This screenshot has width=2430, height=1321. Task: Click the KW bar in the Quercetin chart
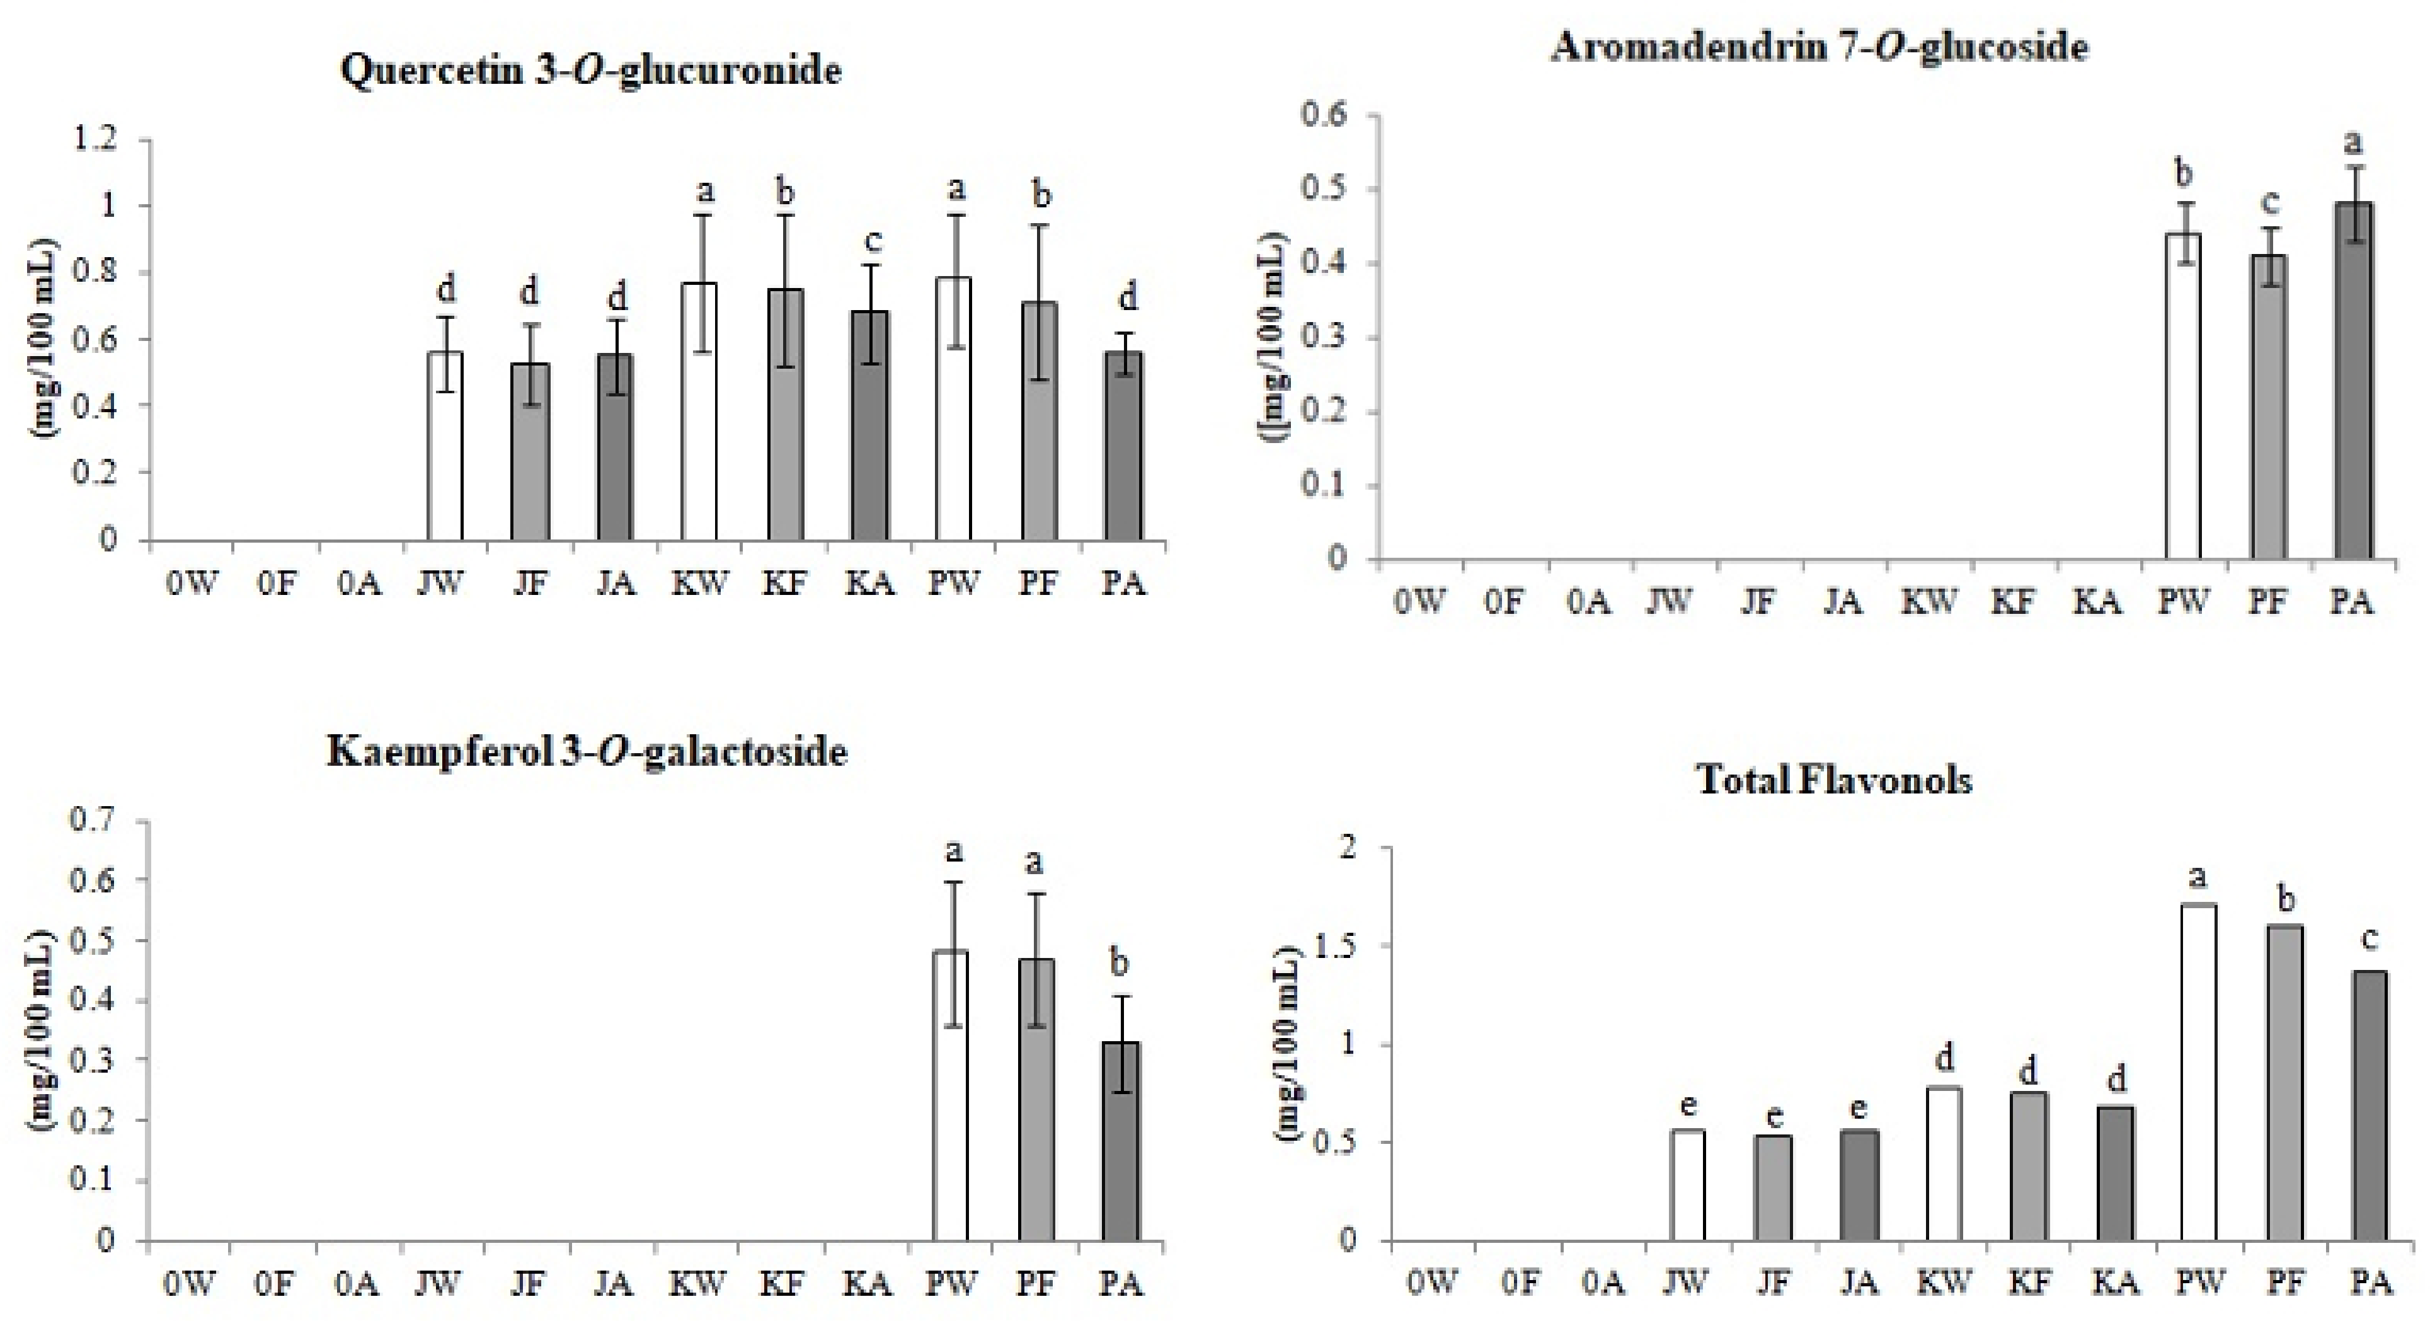tap(699, 412)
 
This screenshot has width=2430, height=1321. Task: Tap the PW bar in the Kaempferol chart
tap(950, 1095)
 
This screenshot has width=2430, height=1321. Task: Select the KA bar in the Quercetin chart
tap(869, 425)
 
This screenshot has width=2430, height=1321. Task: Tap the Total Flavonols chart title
tap(1834, 780)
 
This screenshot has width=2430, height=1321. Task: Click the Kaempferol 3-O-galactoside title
tap(587, 752)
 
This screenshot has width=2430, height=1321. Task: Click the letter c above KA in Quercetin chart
tap(873, 241)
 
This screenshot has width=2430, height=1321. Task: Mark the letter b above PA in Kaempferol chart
tap(1119, 964)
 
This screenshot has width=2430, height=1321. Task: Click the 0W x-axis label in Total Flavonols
tap(1432, 1283)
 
